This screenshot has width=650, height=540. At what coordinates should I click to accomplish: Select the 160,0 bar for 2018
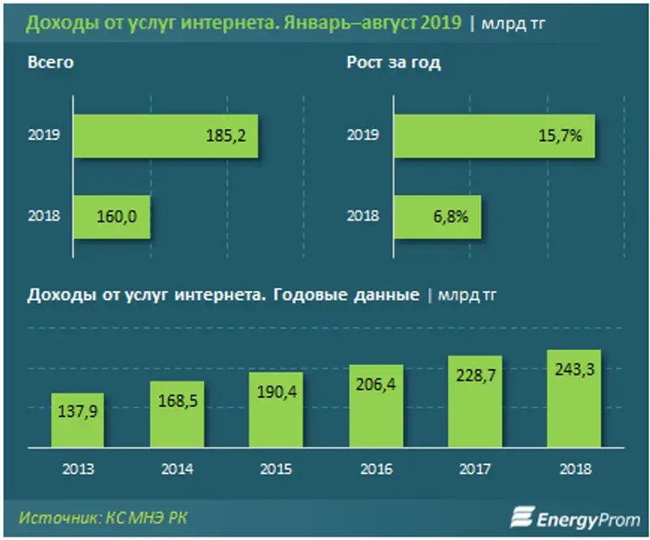[x=111, y=217]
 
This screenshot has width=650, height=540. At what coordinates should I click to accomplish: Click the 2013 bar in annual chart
[x=77, y=419]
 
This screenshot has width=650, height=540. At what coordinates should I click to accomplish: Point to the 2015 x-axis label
[x=276, y=468]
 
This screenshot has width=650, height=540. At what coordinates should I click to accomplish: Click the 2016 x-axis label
[x=376, y=468]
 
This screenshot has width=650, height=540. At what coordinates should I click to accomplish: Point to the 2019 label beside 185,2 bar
[x=42, y=135]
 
